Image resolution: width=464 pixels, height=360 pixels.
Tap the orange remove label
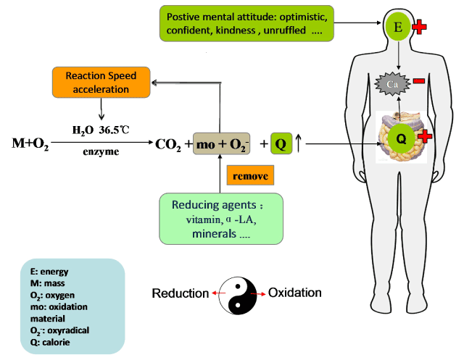250,175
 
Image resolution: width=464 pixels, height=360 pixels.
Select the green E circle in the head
397,28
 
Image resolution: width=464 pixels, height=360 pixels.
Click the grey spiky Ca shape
392,85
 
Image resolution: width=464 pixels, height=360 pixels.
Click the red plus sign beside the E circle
418,28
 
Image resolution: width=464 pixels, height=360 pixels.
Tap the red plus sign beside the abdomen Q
426,135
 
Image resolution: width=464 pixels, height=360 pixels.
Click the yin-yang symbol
239,293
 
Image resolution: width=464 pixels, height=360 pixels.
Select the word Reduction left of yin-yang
179,293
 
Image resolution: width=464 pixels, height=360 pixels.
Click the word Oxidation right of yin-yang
294,293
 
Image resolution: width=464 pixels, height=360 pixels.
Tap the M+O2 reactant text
30,143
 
